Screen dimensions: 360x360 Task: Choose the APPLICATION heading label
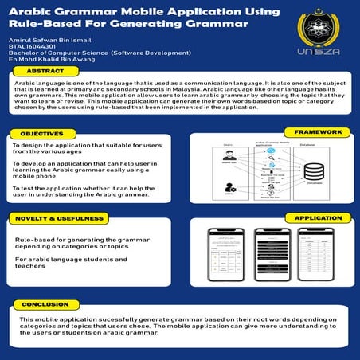(x=319, y=217)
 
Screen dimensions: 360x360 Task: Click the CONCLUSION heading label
(x=45, y=304)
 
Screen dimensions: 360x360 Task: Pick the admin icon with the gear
(x=230, y=188)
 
